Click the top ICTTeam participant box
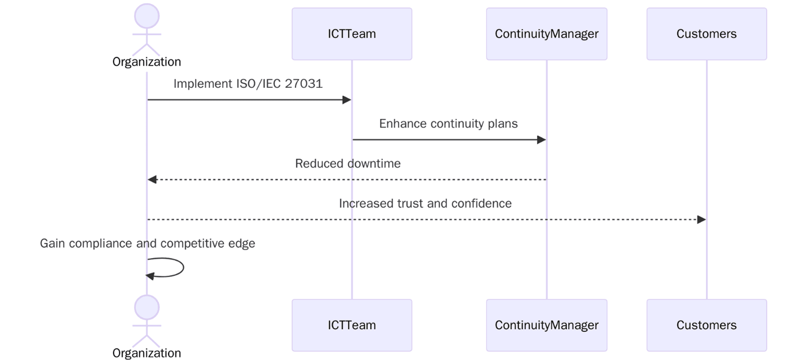(352, 34)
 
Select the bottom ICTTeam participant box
(352, 325)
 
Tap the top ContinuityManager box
(546, 34)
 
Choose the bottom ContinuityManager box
(546, 325)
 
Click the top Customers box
(706, 34)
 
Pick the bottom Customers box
(706, 325)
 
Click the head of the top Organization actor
(147, 16)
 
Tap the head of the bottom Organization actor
(147, 307)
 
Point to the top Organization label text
(146, 62)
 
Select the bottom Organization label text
(146, 353)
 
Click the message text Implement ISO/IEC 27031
(248, 84)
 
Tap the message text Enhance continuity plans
(448, 124)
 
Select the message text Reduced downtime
(348, 164)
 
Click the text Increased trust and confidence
(425, 203)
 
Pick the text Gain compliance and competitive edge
(147, 243)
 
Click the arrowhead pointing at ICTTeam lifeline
(347, 100)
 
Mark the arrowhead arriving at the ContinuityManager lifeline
(542, 140)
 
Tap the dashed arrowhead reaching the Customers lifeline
(701, 220)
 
